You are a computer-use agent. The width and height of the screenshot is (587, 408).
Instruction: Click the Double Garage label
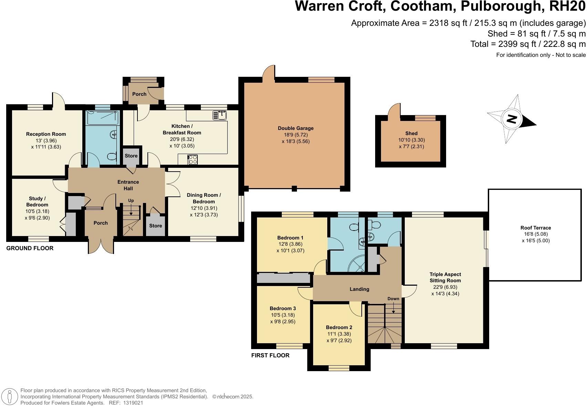[x=296, y=128]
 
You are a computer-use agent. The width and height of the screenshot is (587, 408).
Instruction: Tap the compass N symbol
[x=512, y=119]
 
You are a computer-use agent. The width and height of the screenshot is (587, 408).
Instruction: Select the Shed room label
[x=411, y=133]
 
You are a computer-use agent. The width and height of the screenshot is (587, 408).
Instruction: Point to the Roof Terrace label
[x=535, y=228]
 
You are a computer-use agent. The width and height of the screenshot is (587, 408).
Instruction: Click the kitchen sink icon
[x=219, y=115]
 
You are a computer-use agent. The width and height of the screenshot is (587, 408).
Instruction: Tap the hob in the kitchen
[x=192, y=160]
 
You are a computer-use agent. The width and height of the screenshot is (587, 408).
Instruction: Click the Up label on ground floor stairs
[x=131, y=201]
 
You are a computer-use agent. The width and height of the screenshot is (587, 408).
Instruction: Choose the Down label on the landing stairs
[x=393, y=299]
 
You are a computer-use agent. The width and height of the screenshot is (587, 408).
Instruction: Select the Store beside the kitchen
[x=131, y=156]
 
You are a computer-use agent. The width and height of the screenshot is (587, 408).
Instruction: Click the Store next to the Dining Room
[x=155, y=226]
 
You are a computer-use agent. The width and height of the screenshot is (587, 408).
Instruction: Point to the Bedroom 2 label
[x=339, y=327]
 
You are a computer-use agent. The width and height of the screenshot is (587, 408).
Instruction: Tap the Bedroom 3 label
[x=282, y=308]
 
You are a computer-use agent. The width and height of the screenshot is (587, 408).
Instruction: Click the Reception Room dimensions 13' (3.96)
[x=46, y=141]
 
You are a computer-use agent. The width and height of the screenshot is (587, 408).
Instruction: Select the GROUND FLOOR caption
[x=30, y=248]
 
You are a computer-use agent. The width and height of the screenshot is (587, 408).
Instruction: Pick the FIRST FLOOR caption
[x=270, y=355]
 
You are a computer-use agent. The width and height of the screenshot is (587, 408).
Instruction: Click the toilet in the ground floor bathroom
[x=111, y=157]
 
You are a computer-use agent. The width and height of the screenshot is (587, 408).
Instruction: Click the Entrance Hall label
[x=128, y=185]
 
